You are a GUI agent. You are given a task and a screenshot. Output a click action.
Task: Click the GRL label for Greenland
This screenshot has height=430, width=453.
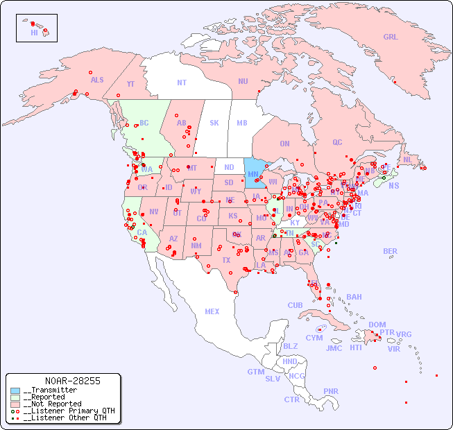(x=391, y=37)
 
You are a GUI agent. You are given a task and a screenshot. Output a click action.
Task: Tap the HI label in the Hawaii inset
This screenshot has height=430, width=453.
(x=34, y=33)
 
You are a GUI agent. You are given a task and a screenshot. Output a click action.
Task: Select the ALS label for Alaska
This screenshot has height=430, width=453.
(x=97, y=80)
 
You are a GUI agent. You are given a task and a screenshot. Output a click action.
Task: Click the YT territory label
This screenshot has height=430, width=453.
(x=130, y=84)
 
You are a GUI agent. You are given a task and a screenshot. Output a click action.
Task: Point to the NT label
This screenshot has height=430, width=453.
(x=181, y=83)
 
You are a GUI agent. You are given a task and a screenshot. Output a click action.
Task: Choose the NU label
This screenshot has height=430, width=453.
(x=243, y=81)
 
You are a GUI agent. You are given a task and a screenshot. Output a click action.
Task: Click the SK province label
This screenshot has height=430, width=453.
(x=214, y=123)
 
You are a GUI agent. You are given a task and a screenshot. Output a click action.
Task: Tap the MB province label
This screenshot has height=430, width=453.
(x=242, y=123)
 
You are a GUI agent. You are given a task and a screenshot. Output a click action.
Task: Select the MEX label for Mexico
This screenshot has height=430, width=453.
(x=212, y=311)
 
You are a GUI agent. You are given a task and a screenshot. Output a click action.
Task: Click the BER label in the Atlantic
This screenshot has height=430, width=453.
(x=391, y=251)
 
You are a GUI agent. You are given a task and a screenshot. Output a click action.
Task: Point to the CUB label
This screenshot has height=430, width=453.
(x=295, y=305)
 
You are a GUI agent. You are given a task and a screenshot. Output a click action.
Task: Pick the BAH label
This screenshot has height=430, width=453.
(x=354, y=297)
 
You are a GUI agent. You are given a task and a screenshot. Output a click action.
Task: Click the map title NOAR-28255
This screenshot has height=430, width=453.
(x=72, y=381)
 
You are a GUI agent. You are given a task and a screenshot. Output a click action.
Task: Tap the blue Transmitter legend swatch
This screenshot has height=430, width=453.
(x=15, y=390)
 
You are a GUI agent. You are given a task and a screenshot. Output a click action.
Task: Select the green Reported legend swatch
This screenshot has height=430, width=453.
(x=15, y=397)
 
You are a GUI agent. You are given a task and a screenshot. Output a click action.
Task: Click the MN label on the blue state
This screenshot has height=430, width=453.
(x=253, y=174)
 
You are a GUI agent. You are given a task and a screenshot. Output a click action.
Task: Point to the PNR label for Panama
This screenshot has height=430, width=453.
(x=331, y=391)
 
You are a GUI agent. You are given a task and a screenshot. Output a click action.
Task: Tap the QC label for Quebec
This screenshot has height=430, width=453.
(x=337, y=142)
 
